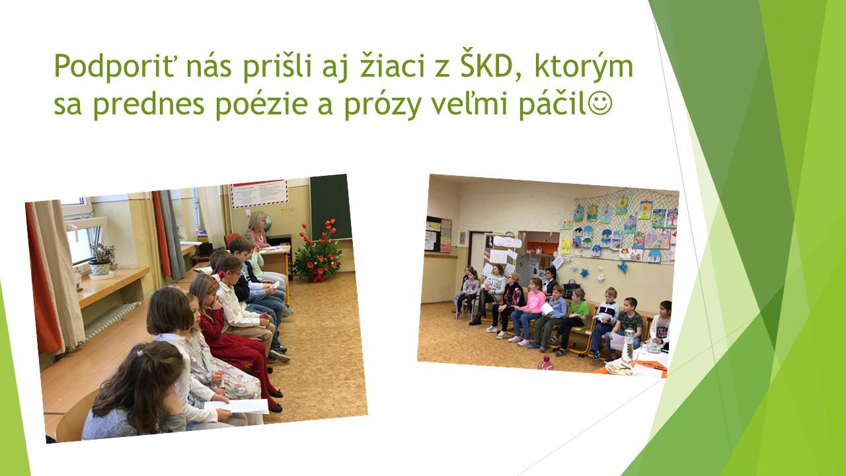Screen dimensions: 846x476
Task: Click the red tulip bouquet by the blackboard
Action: click(318, 251)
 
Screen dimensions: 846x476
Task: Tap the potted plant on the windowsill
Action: click(101, 260)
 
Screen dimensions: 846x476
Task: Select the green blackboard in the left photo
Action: click(330, 208)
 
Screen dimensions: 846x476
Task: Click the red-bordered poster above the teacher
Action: click(259, 194)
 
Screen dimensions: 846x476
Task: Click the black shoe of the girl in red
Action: click(276, 407)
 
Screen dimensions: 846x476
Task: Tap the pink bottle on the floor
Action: click(546, 363)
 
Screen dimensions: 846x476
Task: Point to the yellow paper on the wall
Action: click(565, 246)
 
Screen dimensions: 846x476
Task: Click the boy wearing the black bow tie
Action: click(605, 322)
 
